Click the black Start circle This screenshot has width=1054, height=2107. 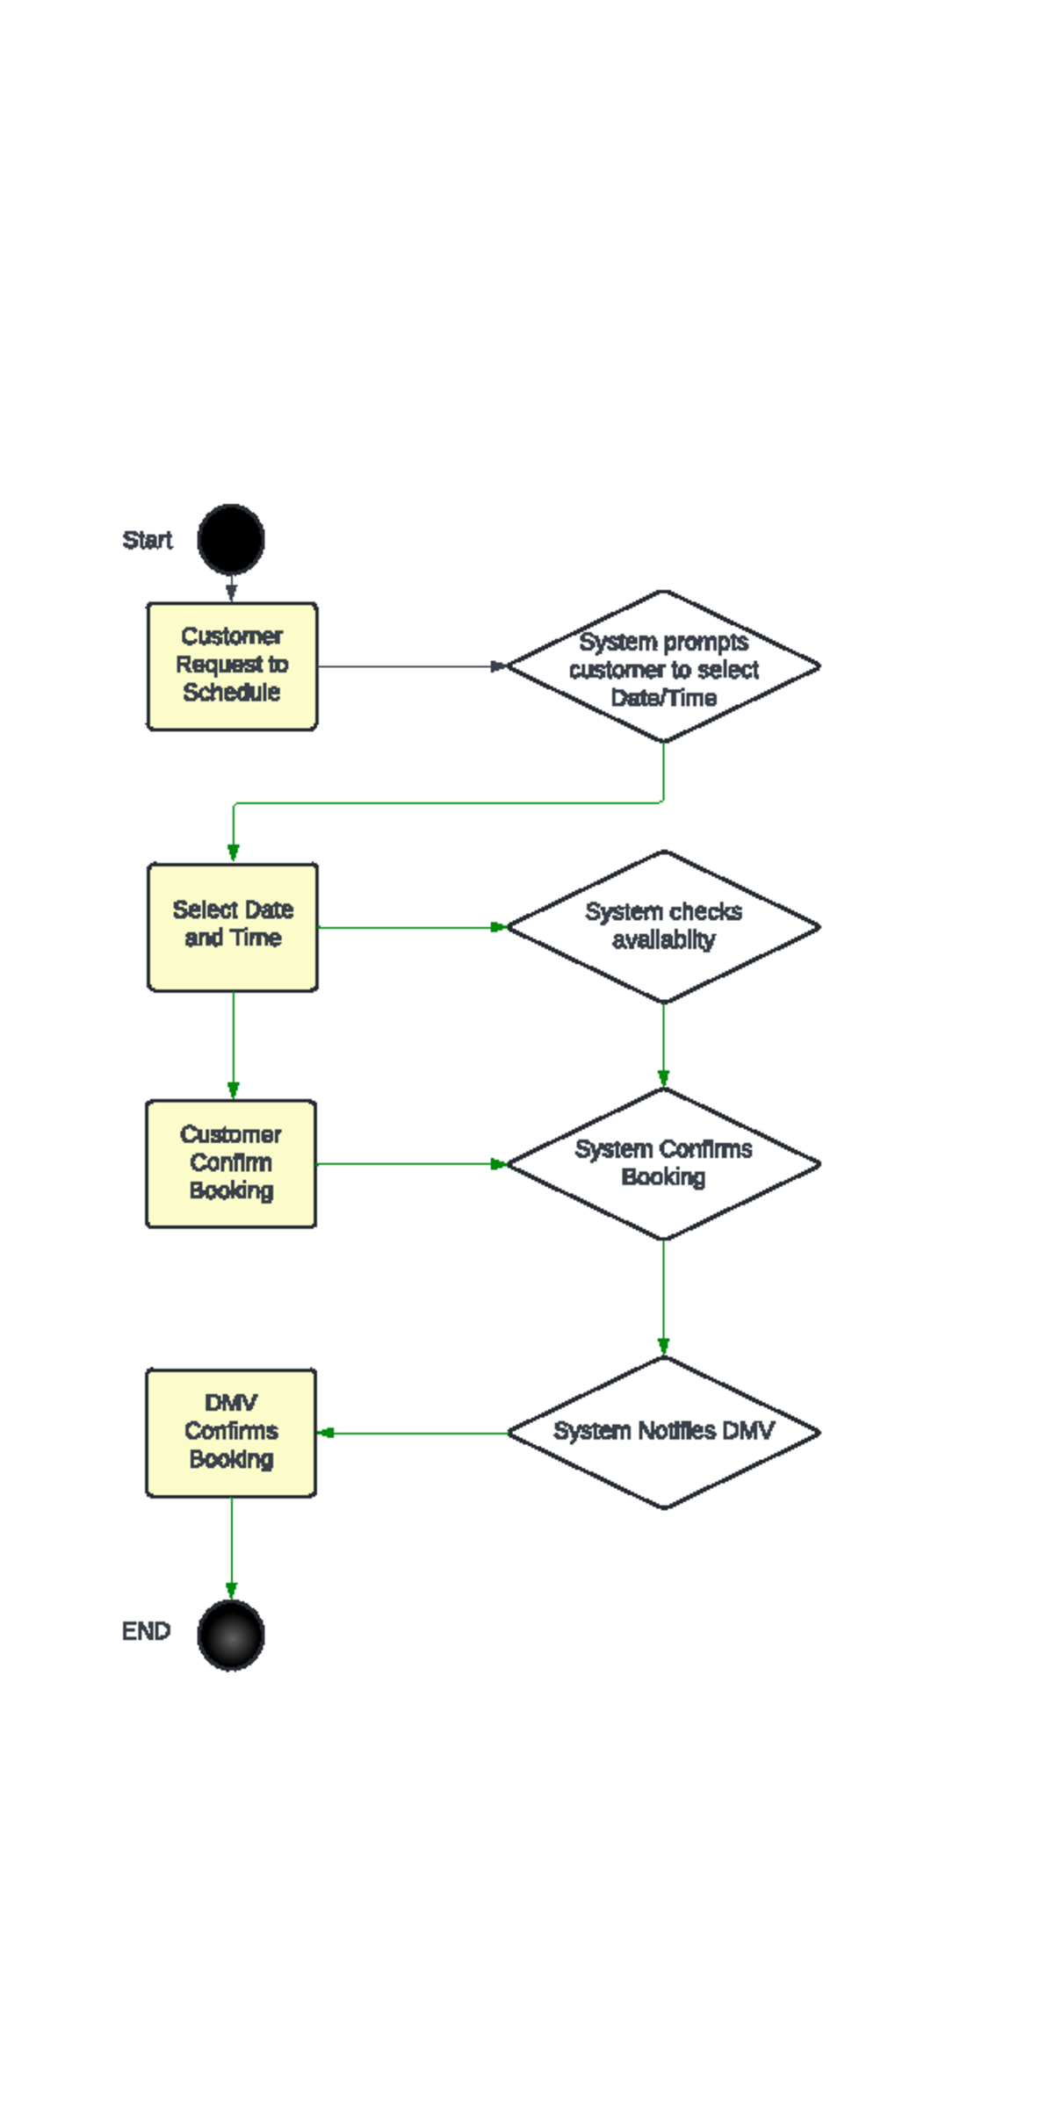[x=231, y=539]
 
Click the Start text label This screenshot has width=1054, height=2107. [x=147, y=540]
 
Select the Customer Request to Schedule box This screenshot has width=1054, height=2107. [x=232, y=665]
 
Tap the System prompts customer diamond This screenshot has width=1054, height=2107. [x=663, y=667]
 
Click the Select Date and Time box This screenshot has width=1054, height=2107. [x=233, y=927]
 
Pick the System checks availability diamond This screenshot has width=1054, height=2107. [x=663, y=927]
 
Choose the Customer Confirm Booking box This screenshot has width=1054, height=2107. [x=231, y=1163]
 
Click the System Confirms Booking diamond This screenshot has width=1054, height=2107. [x=663, y=1164]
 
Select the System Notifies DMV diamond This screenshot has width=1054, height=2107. [x=663, y=1433]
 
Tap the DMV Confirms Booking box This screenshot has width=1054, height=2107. [x=231, y=1433]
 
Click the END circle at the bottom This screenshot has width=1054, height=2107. [x=231, y=1635]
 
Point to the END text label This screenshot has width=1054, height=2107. [x=146, y=1631]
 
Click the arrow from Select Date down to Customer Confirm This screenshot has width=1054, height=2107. [x=234, y=1045]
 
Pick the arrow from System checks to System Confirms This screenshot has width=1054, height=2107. [x=663, y=1045]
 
